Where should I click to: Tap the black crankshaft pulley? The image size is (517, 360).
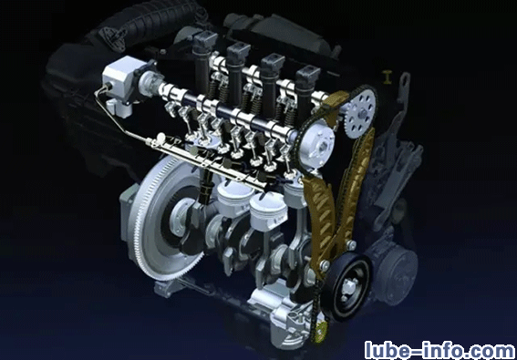[346, 287]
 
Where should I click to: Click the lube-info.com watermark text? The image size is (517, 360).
[439, 350]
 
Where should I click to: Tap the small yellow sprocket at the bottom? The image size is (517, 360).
[320, 330]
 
